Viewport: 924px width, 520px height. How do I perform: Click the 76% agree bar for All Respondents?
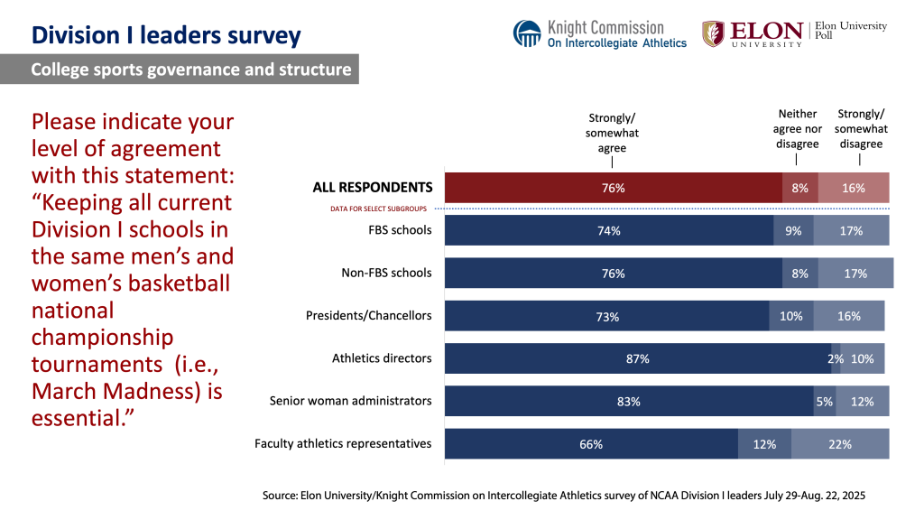(614, 188)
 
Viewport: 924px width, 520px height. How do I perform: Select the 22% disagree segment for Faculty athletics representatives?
(840, 444)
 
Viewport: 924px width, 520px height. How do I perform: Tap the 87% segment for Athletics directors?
(637, 358)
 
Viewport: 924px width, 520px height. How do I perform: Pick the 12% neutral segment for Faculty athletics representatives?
(764, 444)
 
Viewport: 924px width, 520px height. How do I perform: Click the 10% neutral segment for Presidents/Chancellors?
(790, 316)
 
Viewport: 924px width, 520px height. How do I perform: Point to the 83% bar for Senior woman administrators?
(628, 402)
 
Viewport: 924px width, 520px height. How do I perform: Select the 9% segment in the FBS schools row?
(793, 231)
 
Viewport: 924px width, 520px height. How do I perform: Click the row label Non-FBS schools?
(386, 273)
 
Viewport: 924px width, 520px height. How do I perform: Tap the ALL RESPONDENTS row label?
(372, 188)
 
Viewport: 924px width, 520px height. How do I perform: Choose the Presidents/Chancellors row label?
(369, 315)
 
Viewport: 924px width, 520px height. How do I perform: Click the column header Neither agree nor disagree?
(798, 129)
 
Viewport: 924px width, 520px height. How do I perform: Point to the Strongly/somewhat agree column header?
(613, 133)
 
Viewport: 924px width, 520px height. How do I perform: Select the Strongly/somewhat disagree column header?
(861, 129)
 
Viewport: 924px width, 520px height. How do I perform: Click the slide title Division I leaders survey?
(166, 35)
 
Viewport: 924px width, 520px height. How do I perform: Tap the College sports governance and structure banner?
(190, 70)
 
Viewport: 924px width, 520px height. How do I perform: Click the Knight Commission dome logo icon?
(527, 34)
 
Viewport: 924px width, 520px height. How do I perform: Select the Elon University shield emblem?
(713, 33)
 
